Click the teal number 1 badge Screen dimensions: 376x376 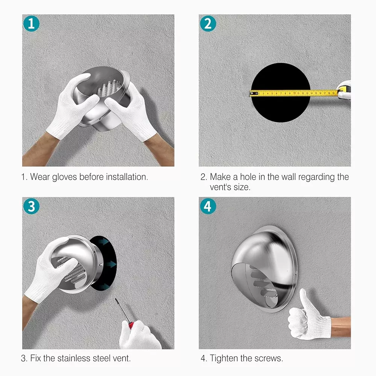coord(32,23)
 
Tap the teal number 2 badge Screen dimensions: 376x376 coord(208,23)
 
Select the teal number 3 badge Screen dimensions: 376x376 coord(32,206)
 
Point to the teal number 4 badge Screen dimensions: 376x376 coord(208,206)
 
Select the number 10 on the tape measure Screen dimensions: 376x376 coord(294,93)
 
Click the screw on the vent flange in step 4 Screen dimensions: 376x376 coord(296,273)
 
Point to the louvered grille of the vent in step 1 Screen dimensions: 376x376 coord(109,88)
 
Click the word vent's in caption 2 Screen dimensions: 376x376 coord(221,187)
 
